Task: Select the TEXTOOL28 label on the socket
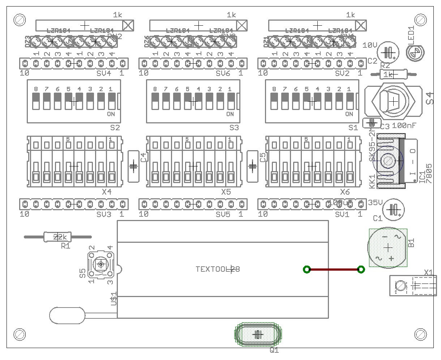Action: pyautogui.click(x=218, y=269)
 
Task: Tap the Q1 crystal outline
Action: pyautogui.click(x=258, y=334)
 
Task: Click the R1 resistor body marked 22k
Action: pyautogui.click(x=57, y=237)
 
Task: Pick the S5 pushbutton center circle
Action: pyautogui.click(x=101, y=264)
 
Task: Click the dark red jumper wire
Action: pyautogui.click(x=333, y=269)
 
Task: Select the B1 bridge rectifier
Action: pyautogui.click(x=388, y=248)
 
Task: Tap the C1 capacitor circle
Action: pyautogui.click(x=394, y=209)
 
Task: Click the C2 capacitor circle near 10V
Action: pyautogui.click(x=388, y=52)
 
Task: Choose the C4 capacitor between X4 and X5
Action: pyautogui.click(x=133, y=166)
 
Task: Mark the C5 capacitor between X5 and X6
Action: pyautogui.click(x=252, y=166)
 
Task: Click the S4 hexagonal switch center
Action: pyautogui.click(x=393, y=102)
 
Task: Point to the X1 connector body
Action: pyautogui.click(x=412, y=285)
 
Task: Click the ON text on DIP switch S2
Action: pyautogui.click(x=111, y=114)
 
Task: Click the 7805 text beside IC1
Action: pyautogui.click(x=429, y=173)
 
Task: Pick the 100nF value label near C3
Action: pyautogui.click(x=404, y=126)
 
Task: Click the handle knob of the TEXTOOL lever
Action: pyautogui.click(x=67, y=315)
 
